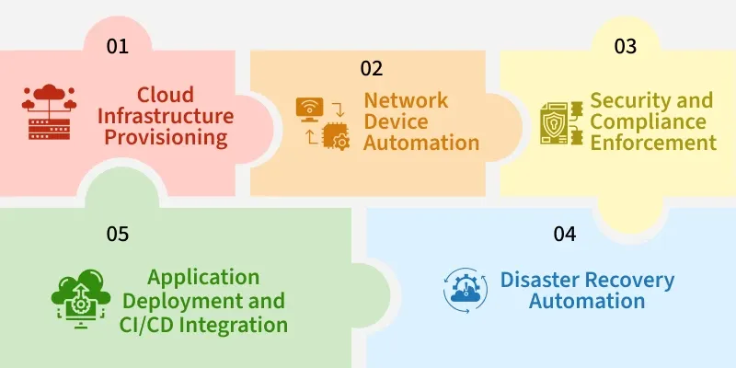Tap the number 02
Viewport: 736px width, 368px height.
pyautogui.click(x=371, y=68)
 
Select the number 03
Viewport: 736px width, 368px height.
pyautogui.click(x=626, y=47)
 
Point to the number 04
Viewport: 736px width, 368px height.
pyautogui.click(x=565, y=234)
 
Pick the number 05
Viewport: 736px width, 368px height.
pyautogui.click(x=117, y=234)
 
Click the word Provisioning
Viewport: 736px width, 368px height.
pyautogui.click(x=178, y=139)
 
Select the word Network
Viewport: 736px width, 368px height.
pyautogui.click(x=406, y=100)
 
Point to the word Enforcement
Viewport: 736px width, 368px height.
pyautogui.click(x=654, y=144)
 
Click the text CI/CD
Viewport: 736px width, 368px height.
pyautogui.click(x=151, y=325)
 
